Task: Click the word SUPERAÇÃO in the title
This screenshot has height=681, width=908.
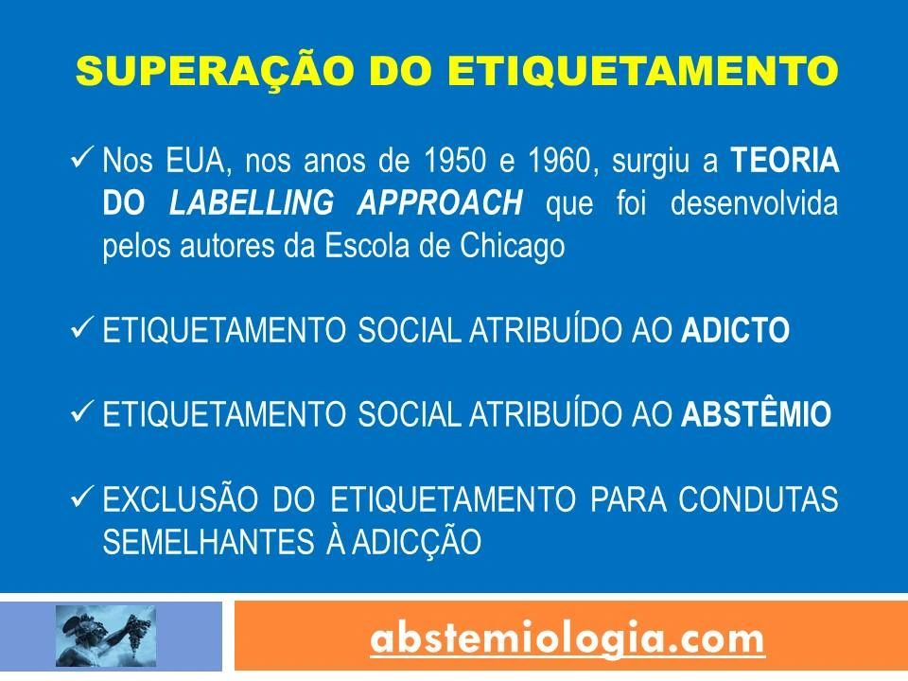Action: coord(215,69)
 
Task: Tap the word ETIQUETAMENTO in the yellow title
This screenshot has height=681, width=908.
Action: coord(643,71)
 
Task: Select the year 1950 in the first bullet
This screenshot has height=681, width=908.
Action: coord(455,161)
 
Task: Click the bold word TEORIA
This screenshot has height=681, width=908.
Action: coord(785,161)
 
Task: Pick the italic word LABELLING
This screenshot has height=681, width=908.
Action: coord(252,202)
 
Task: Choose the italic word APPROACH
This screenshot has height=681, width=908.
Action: coord(440,202)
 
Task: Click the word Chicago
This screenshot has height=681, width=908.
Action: coord(513,246)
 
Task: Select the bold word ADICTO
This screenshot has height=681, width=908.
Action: coord(736,330)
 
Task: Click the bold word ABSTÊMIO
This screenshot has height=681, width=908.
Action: coord(757,413)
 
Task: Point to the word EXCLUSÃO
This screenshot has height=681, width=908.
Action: coord(180,498)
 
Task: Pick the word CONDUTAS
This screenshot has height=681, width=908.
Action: coord(759,499)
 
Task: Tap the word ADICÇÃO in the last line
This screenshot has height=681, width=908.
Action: coord(417,541)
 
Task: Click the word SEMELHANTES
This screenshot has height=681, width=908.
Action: coord(208,542)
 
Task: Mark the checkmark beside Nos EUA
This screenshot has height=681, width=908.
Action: coord(81,158)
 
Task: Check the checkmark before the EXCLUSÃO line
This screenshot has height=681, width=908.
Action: coord(81,496)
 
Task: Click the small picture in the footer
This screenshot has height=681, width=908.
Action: coord(105,636)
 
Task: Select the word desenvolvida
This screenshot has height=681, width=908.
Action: coord(755,202)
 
